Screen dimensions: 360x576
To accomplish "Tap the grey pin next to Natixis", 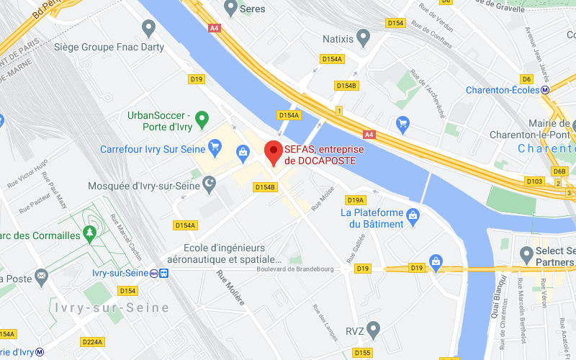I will [364, 35].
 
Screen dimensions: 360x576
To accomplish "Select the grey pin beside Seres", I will [230, 8].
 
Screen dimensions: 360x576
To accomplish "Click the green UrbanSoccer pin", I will [202, 118].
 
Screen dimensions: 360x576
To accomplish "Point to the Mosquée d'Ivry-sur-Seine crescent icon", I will [210, 186].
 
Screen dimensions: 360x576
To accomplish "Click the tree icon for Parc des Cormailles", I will [89, 233].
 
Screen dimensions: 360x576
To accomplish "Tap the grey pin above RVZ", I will [372, 330].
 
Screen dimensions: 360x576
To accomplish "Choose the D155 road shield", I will [362, 353].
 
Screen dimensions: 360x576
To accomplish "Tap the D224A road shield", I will [93, 341].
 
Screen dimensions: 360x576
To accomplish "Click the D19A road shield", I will [356, 200].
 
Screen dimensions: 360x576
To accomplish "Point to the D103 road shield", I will [534, 181].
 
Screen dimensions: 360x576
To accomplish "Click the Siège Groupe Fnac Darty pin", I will [149, 29].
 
